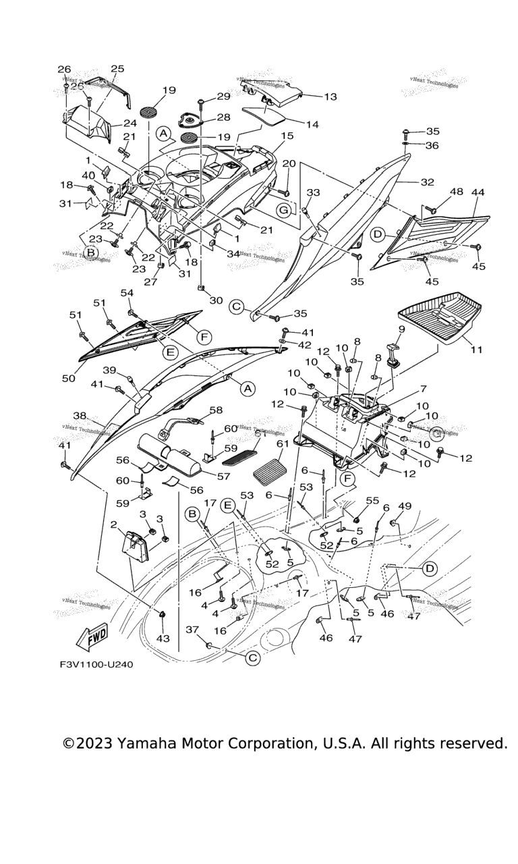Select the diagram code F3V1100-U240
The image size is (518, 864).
(96, 664)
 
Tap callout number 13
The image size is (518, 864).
(330, 97)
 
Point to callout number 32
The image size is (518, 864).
(427, 182)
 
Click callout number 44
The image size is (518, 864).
(478, 193)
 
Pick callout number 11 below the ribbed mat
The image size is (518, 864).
(477, 351)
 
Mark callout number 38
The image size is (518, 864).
(80, 416)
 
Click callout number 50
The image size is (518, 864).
(68, 379)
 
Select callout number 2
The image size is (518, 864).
(113, 524)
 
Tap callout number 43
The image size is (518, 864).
(163, 638)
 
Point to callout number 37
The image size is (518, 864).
(192, 629)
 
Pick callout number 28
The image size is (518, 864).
(223, 117)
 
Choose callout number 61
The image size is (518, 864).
(282, 443)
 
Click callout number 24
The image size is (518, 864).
(129, 123)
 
